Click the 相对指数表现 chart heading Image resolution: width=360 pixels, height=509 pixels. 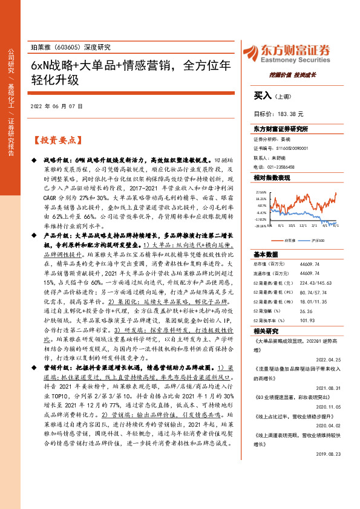pos(272,178)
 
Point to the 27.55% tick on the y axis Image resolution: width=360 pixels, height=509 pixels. pos(261,190)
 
